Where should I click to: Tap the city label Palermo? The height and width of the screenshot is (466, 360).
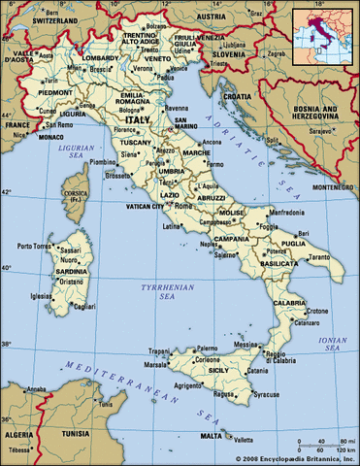pos(207,348)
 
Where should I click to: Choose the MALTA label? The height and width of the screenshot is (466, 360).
pos(211,437)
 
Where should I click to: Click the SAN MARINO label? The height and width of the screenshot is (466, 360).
pos(187,122)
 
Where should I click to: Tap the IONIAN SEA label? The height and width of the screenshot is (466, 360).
pos(324,342)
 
